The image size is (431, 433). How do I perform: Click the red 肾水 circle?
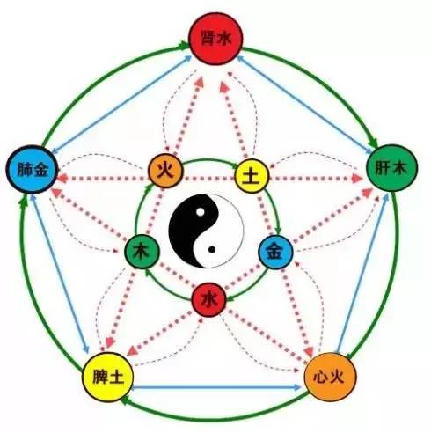[x=215, y=39]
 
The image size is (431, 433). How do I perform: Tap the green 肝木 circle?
[x=392, y=168]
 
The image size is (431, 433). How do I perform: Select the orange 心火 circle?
[x=331, y=377]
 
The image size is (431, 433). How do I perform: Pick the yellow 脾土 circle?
[x=108, y=377]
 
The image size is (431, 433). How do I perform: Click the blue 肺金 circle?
[x=33, y=170]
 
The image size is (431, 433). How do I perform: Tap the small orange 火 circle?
[x=165, y=171]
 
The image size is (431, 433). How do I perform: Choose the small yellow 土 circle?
[x=252, y=176]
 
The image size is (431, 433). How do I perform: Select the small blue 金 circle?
[x=275, y=253]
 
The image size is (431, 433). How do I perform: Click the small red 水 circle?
[x=208, y=299]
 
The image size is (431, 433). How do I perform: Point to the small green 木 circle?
[x=142, y=252]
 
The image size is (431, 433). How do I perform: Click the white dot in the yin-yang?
[x=201, y=211]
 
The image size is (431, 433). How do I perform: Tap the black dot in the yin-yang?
[x=212, y=250]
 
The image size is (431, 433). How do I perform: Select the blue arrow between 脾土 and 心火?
[x=217, y=387]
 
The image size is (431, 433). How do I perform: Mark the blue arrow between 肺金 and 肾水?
[x=121, y=104]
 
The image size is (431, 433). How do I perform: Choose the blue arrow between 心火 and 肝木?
[x=363, y=272]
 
